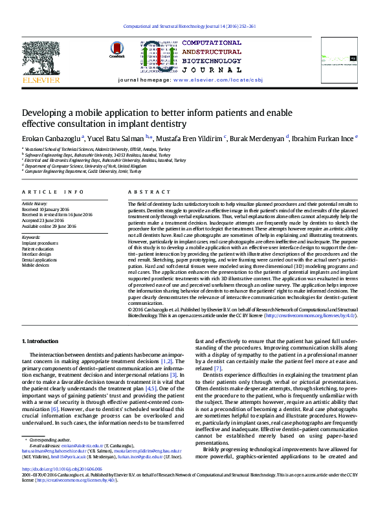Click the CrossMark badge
coord(117,50)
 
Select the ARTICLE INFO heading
coord(53,192)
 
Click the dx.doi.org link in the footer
coord(62,469)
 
